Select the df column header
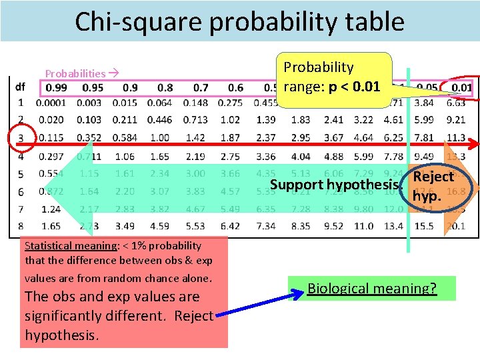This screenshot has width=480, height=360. pyautogui.click(x=21, y=87)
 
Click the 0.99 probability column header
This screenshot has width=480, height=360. pyautogui.click(x=57, y=88)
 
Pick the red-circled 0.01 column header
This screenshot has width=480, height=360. pyautogui.click(x=461, y=88)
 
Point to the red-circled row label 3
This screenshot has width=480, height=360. pyautogui.click(x=21, y=138)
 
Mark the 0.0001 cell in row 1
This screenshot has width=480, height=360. pyautogui.click(x=51, y=103)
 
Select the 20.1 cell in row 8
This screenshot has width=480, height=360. pyautogui.click(x=456, y=227)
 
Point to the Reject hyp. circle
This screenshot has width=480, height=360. pyautogui.click(x=433, y=187)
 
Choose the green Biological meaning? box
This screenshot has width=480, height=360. pyautogui.click(x=371, y=289)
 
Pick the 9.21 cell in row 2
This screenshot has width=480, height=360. pyautogui.click(x=456, y=120)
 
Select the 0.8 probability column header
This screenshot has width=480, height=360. pyautogui.click(x=163, y=88)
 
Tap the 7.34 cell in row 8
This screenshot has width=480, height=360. pyautogui.click(x=266, y=227)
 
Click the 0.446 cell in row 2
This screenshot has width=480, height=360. pyautogui.click(x=159, y=120)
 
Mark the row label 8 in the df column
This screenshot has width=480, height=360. pyautogui.click(x=21, y=227)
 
